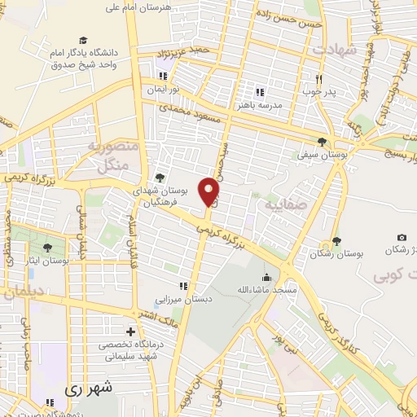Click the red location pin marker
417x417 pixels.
pos(210,192)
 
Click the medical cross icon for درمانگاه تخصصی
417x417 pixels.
pos(130,331)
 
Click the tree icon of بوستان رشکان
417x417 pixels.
pos(336,240)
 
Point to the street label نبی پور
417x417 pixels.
pos(305,336)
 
